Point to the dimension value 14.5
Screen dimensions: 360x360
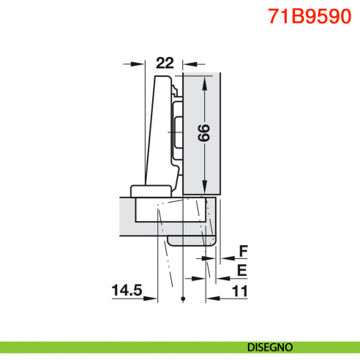(x=127, y=290)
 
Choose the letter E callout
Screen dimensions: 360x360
(x=244, y=270)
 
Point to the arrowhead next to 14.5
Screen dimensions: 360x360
(x=153, y=299)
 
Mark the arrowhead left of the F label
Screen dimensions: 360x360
(x=222, y=258)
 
